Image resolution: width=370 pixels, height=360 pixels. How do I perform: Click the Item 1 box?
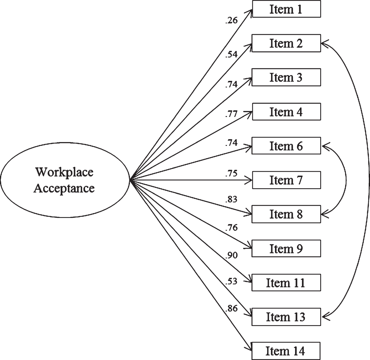point(286,9)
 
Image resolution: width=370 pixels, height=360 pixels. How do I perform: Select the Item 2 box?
point(286,43)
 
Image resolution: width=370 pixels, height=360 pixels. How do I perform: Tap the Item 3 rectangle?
point(286,78)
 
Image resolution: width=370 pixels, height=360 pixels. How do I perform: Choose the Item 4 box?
point(286,112)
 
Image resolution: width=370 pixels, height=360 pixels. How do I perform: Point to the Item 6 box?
point(286,146)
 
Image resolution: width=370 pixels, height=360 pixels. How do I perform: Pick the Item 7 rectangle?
point(286,180)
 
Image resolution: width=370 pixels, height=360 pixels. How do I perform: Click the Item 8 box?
point(286,214)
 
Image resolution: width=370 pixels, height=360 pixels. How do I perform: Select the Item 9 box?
point(286,248)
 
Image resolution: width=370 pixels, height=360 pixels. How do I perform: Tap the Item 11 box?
point(286,282)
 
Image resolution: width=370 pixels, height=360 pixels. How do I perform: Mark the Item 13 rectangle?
point(286,317)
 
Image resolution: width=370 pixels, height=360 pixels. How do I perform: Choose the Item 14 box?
point(286,351)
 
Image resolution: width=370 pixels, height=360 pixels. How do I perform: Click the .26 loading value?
point(231,20)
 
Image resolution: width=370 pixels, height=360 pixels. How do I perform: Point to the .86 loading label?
point(231,308)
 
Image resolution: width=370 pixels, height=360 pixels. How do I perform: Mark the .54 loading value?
point(231,54)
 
